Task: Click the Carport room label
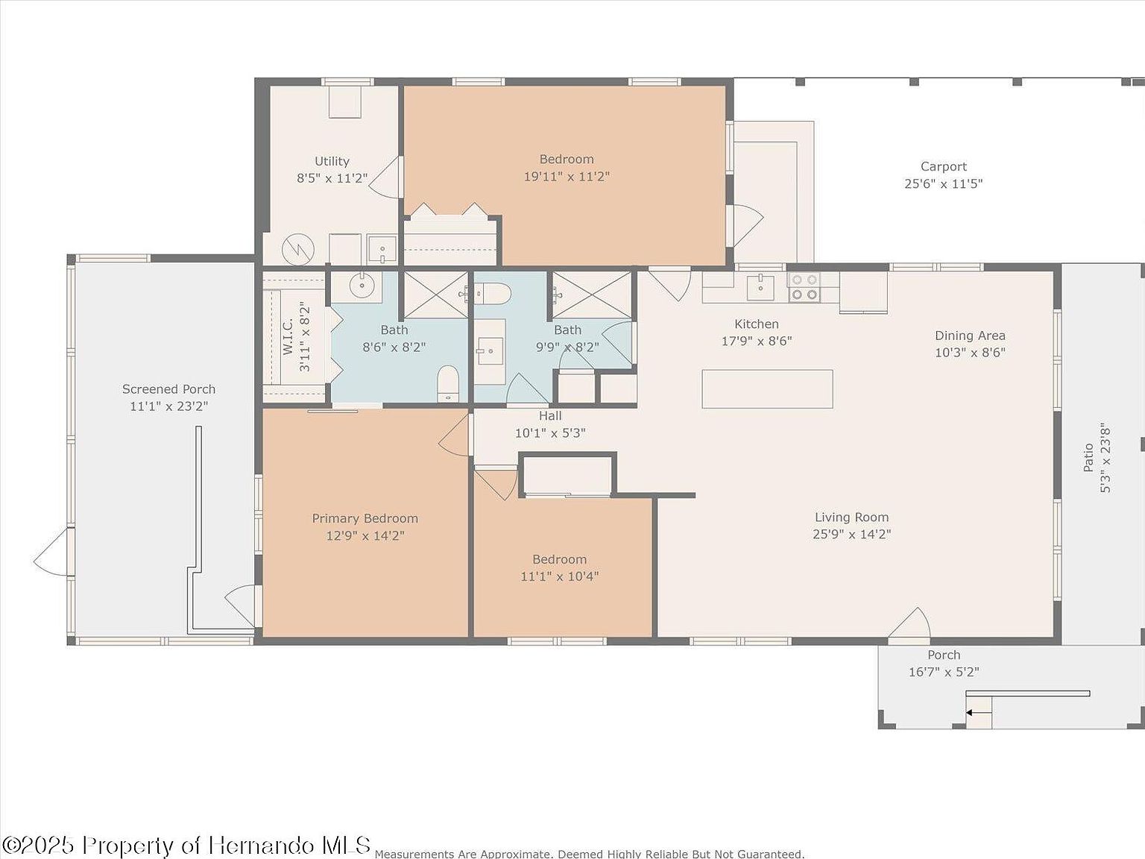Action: (943, 167)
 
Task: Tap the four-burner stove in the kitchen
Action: (804, 287)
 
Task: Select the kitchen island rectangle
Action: (767, 389)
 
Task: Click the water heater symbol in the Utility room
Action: (297, 250)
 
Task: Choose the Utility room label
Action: (332, 161)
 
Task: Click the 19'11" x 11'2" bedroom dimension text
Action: (567, 177)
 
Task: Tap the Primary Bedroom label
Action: (365, 518)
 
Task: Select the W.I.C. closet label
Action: (288, 336)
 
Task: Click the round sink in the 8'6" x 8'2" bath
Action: (362, 284)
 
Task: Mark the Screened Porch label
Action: (168, 389)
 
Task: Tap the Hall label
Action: (550, 416)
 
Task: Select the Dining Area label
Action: (970, 336)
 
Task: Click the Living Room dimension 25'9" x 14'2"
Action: (851, 534)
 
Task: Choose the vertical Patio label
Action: (1088, 457)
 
